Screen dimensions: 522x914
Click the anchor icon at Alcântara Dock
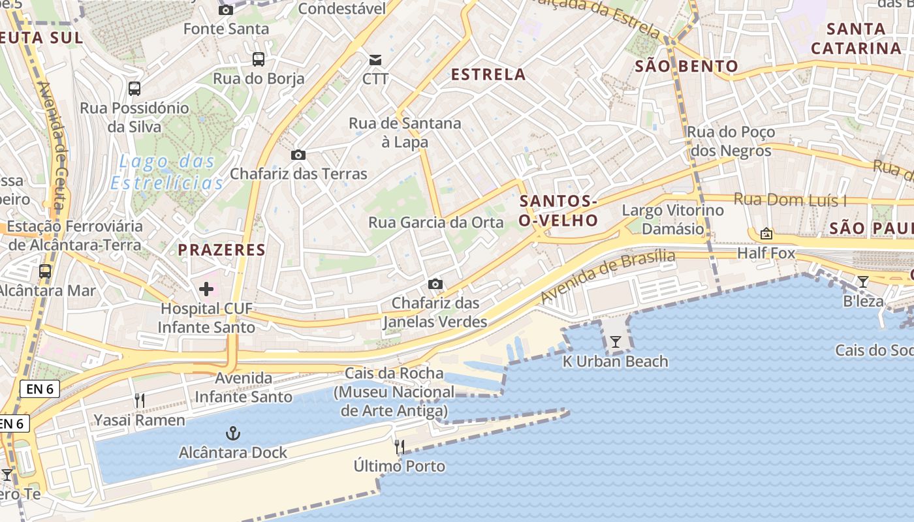coord(232,433)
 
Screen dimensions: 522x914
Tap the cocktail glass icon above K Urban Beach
coord(615,341)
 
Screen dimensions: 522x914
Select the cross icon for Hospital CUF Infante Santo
coord(206,289)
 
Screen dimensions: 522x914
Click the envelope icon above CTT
coord(375,60)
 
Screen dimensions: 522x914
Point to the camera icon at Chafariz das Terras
coord(298,155)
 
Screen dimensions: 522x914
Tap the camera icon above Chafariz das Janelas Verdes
coord(435,284)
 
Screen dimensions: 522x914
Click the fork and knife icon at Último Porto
coord(400,447)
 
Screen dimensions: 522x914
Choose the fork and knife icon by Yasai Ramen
coord(140,401)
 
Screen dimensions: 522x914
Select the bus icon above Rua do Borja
coord(259,59)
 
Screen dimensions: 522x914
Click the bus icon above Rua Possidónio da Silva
coord(134,89)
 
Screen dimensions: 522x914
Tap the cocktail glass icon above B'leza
coord(863,282)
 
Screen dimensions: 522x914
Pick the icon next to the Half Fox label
coord(766,234)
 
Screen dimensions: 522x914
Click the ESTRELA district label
coord(488,74)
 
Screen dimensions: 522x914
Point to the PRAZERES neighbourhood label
coord(222,249)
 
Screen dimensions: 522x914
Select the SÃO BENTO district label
coord(686,66)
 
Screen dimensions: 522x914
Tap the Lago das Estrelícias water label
coord(167,172)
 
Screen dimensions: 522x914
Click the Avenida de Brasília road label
coord(607,276)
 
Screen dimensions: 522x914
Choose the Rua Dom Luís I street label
coord(790,200)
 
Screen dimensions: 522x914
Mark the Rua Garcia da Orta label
coord(436,223)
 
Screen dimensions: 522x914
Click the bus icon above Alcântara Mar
coord(45,271)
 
